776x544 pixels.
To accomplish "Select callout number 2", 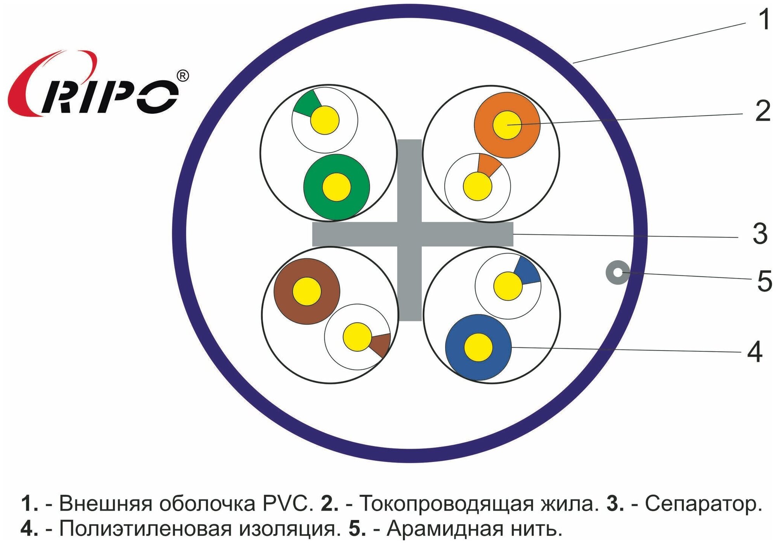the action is (x=763, y=111).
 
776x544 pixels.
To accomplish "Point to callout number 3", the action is (x=760, y=234).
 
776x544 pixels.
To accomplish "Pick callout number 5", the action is (x=765, y=281).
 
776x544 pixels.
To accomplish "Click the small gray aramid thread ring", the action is (x=618, y=272).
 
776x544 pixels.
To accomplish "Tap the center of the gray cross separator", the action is (x=410, y=234).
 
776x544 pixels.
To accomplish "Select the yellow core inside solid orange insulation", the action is (x=507, y=125).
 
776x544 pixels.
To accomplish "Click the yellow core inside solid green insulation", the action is (x=336, y=187).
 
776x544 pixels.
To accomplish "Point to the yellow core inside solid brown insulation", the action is (x=307, y=291).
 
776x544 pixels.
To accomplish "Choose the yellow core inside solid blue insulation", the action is (x=478, y=347).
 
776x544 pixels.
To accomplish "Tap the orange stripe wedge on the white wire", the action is (x=488, y=165).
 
